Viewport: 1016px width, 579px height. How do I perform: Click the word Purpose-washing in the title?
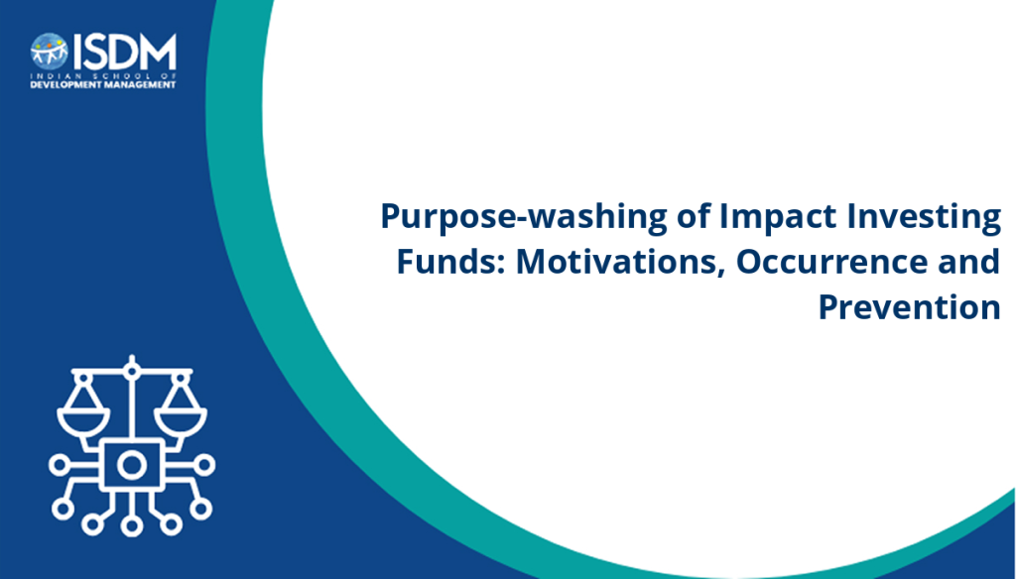[524, 217]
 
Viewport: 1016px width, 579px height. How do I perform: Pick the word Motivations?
[620, 263]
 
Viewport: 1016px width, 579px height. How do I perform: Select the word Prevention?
[910, 307]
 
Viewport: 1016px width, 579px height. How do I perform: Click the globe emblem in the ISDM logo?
[50, 52]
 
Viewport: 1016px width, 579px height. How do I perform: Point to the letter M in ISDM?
[156, 52]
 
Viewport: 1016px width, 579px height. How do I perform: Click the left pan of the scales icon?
[83, 420]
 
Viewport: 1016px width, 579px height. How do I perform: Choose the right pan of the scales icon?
[181, 420]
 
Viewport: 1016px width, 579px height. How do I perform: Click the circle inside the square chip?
[132, 465]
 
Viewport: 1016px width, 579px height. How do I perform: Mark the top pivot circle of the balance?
[132, 371]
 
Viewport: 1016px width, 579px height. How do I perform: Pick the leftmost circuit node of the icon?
[59, 465]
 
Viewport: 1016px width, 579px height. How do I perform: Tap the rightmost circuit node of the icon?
[205, 465]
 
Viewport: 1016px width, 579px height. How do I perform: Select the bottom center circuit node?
[132, 525]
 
